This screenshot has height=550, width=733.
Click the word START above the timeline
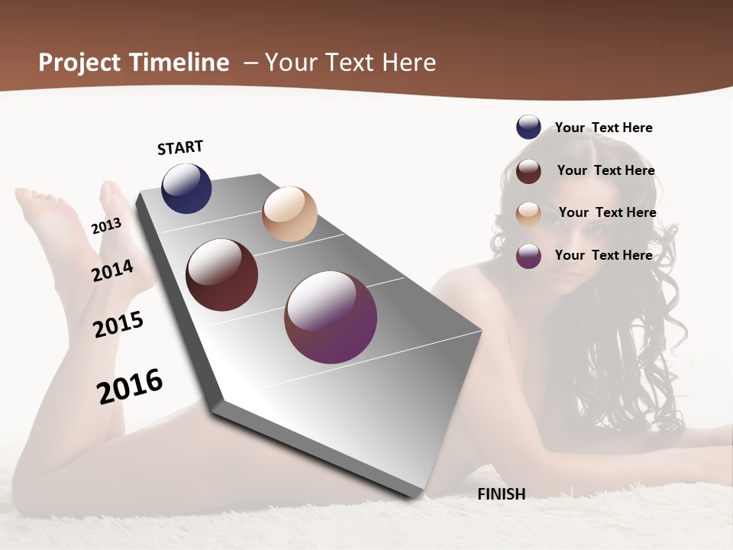point(180,147)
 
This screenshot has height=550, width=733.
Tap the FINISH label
point(501,494)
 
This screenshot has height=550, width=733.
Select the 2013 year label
point(106,226)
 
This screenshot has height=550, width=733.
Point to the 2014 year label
point(112,270)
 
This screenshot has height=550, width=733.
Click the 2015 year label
point(118,325)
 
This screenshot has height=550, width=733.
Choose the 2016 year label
point(130,386)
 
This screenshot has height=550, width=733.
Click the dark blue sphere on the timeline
point(186,189)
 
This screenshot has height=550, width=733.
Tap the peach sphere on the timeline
point(289,214)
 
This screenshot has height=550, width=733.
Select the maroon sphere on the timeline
point(222,275)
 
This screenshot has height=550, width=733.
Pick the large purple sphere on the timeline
point(331,317)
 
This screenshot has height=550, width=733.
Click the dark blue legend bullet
point(528,127)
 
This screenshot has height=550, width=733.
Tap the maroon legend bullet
point(528,171)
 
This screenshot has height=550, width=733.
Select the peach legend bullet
point(528,214)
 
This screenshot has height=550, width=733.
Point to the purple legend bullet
point(528,256)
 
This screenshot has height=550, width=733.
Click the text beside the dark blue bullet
point(603,128)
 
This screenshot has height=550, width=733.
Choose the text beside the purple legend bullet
point(603,255)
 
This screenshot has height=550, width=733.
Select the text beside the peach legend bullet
point(607,212)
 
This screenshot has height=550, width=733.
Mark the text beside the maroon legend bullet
point(605,170)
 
